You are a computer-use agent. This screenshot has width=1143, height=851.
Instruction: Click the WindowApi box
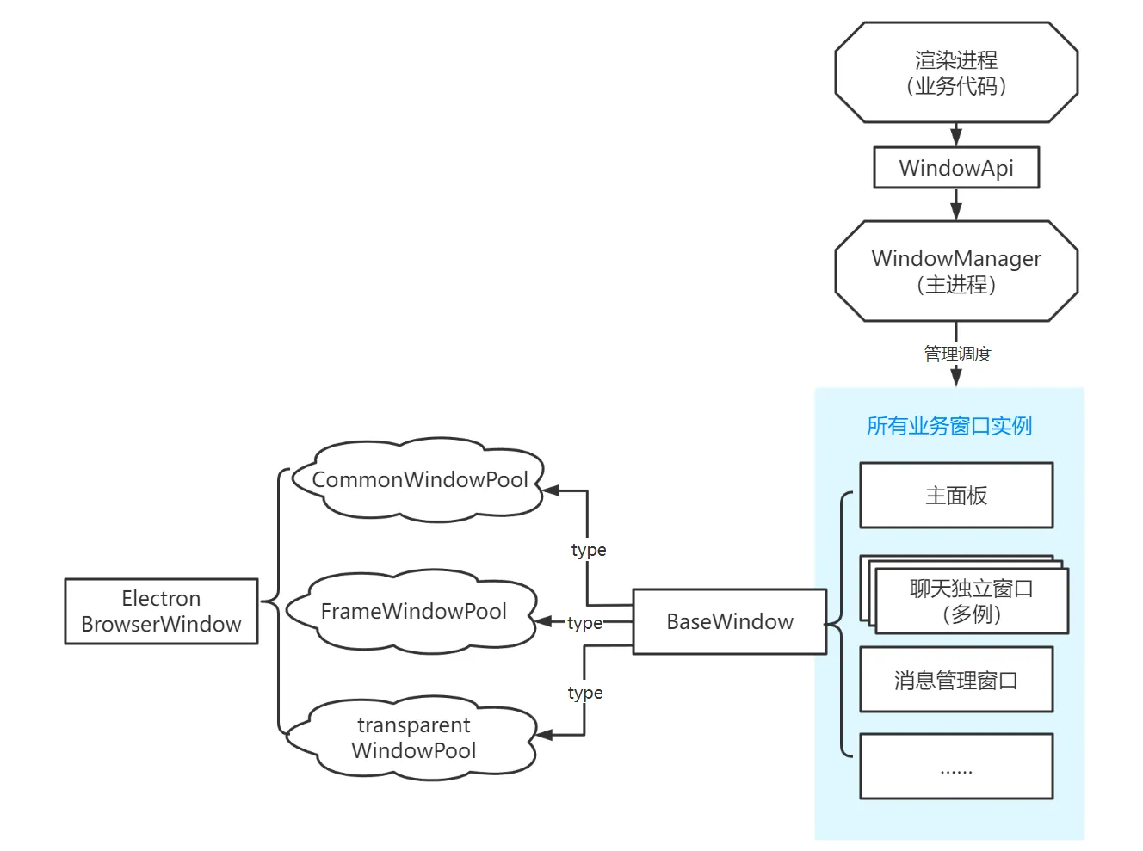(956, 168)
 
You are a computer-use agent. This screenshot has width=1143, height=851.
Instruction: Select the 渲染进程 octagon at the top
(956, 72)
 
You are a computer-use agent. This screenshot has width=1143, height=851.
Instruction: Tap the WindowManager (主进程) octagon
(956, 271)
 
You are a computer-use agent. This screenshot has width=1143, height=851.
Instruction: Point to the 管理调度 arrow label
(957, 354)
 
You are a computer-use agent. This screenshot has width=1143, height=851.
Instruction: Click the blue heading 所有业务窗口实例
(948, 426)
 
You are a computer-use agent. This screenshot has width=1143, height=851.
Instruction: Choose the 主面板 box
(956, 496)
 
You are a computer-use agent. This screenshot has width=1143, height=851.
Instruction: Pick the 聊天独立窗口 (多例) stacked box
(971, 601)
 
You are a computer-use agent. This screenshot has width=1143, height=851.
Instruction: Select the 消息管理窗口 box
(956, 681)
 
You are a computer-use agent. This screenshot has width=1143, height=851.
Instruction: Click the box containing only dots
(956, 767)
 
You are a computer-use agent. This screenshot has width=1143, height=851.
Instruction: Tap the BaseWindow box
(730, 621)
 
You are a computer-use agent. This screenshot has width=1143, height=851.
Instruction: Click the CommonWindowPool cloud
(419, 479)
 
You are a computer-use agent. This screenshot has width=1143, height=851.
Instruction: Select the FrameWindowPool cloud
(413, 611)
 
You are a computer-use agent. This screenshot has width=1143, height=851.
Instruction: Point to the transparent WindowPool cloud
(413, 737)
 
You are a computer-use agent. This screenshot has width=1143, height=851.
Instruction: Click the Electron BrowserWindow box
(161, 611)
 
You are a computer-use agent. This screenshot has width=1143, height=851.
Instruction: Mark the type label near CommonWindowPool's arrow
(589, 550)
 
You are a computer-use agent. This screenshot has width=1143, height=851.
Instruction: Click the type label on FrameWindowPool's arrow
(585, 623)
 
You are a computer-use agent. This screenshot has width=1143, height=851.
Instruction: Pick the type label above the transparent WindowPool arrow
(585, 693)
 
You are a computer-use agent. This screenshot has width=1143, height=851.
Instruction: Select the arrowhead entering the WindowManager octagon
(956, 212)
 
